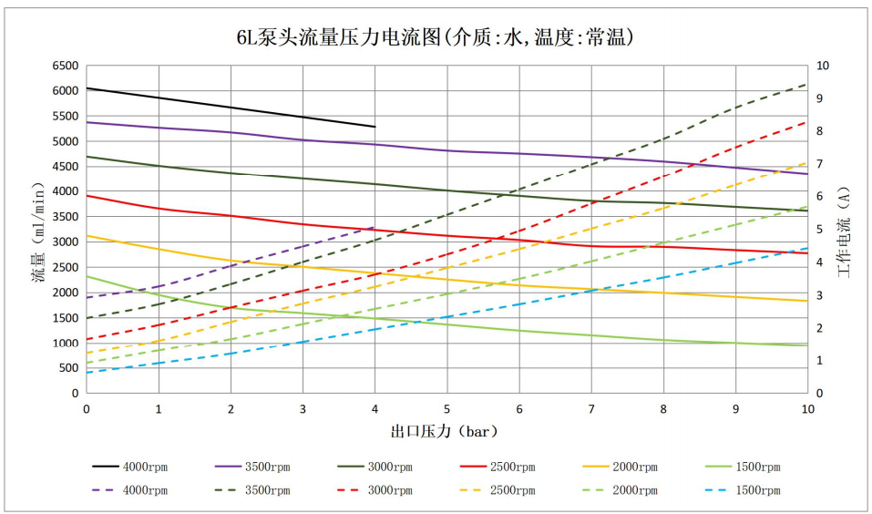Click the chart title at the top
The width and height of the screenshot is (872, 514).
436,37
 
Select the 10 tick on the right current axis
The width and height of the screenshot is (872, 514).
823,67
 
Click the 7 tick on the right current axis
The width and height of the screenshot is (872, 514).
820,164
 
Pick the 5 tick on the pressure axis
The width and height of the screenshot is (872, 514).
446,409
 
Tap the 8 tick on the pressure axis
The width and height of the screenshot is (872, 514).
663,409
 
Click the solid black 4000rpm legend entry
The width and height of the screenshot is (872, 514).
130,467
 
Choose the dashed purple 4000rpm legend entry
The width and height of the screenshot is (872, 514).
130,490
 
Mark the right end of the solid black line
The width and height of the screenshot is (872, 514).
374,127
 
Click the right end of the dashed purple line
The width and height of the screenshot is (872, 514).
374,227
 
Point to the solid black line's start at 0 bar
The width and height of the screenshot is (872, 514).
87,88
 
